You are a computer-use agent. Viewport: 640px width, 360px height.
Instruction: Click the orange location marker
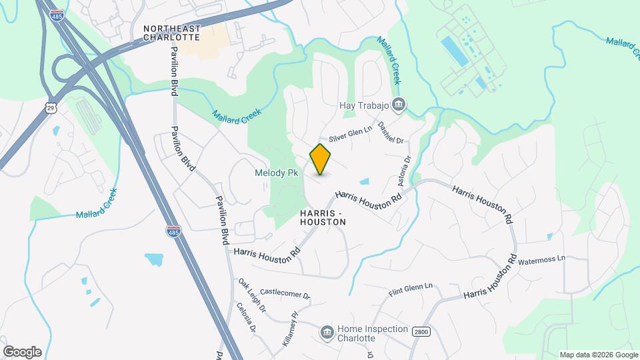(321, 159)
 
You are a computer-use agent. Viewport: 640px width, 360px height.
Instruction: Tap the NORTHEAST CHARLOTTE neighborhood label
(171, 33)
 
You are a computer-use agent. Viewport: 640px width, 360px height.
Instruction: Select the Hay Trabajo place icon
(399, 105)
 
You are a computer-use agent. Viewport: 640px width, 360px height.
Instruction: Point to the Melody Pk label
(276, 173)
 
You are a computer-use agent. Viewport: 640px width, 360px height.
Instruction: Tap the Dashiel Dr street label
(391, 132)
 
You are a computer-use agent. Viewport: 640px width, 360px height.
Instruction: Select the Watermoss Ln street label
(541, 259)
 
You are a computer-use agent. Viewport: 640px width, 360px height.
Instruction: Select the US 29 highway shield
(51, 106)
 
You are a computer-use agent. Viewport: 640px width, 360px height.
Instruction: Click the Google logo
(21, 352)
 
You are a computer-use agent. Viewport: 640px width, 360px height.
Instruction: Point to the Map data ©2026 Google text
(598, 355)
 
